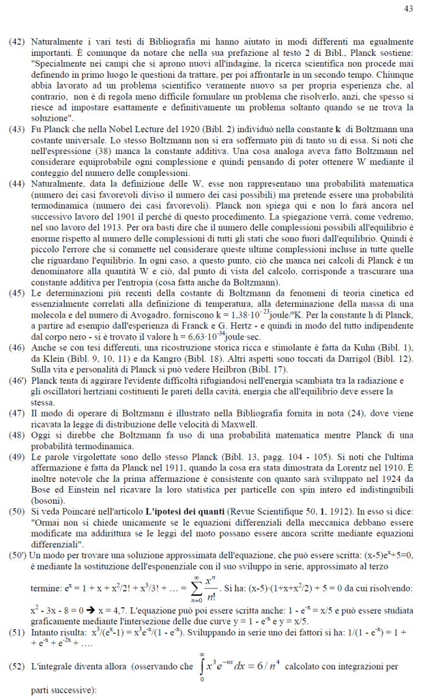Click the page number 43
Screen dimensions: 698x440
[x=409, y=9]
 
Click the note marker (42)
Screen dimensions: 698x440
[x=17, y=42]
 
